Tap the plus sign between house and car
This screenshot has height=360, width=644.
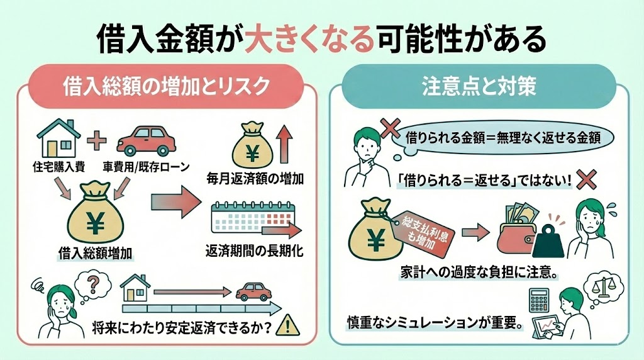click(97, 139)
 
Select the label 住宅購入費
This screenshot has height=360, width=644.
click(60, 168)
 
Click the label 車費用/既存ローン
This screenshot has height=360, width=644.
click(145, 168)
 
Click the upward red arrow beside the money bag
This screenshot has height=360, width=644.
click(282, 143)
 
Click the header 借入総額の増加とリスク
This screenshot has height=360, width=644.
click(166, 86)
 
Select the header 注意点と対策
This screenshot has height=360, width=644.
click(479, 86)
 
